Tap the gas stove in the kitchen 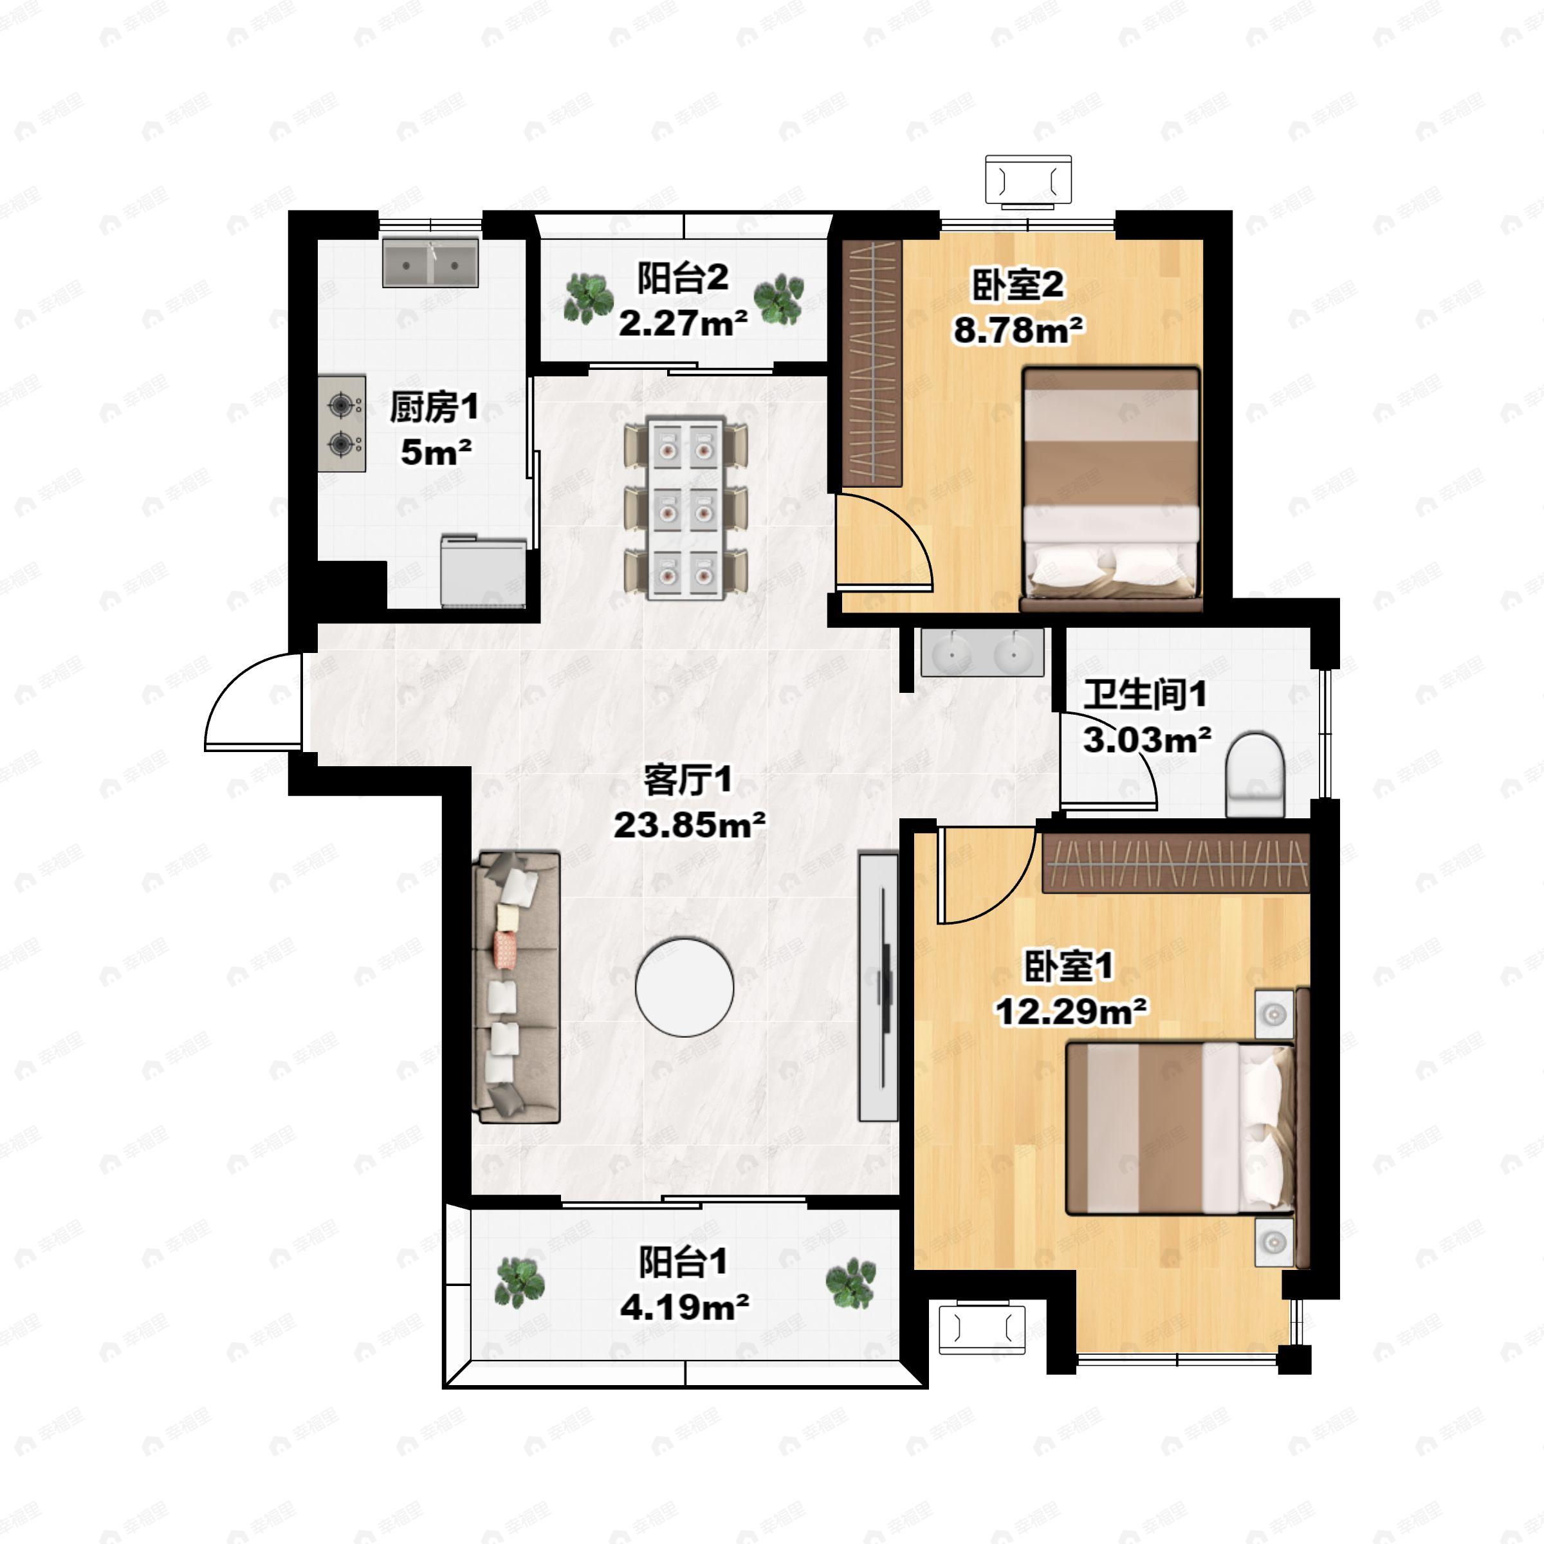click(342, 423)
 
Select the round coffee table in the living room click(684, 988)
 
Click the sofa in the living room click(516, 987)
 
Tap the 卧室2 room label click(1018, 285)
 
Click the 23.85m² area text click(689, 824)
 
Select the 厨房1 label click(434, 408)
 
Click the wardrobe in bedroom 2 click(872, 363)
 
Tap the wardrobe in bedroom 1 click(1175, 863)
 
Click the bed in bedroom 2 click(1111, 489)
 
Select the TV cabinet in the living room click(878, 986)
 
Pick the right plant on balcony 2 click(779, 299)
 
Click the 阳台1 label click(683, 1263)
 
